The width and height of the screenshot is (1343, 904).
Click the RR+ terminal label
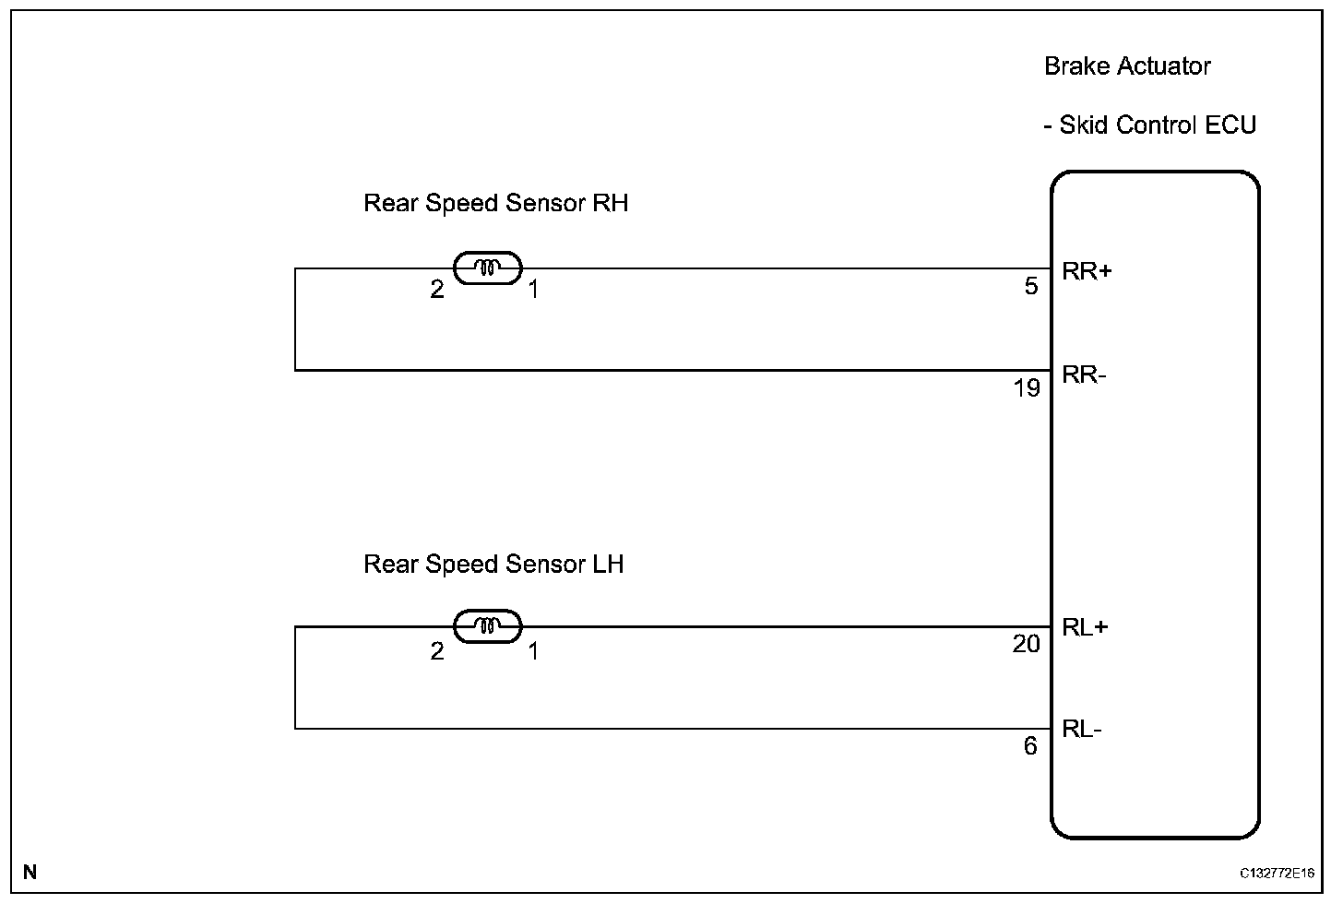tap(1087, 271)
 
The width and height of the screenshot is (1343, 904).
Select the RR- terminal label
tap(1084, 375)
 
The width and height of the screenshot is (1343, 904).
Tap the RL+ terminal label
tap(1086, 628)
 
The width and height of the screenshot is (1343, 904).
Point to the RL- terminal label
tap(1082, 730)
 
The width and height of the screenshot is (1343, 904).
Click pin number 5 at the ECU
tap(1031, 287)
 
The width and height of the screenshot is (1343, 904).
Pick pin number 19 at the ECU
tap(1027, 388)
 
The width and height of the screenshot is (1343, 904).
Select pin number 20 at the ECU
tap(1026, 644)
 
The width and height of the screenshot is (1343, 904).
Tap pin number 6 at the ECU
tap(1030, 745)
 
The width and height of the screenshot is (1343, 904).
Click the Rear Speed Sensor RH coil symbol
tap(488, 268)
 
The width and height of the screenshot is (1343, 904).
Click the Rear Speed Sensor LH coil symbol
tap(488, 626)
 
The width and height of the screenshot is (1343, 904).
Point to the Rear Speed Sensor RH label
tap(495, 203)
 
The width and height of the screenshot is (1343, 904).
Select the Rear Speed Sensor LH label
tap(493, 564)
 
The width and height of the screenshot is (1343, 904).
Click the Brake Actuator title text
tap(1127, 66)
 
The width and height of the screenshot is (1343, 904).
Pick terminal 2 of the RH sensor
tap(437, 290)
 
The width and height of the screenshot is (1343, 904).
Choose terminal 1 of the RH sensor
tap(533, 290)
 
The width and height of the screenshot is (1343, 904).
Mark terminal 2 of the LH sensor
tap(437, 651)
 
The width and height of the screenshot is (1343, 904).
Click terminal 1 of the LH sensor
tap(533, 651)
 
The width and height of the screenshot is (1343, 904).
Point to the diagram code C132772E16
tap(1277, 873)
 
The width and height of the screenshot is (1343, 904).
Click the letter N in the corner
tap(30, 872)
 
